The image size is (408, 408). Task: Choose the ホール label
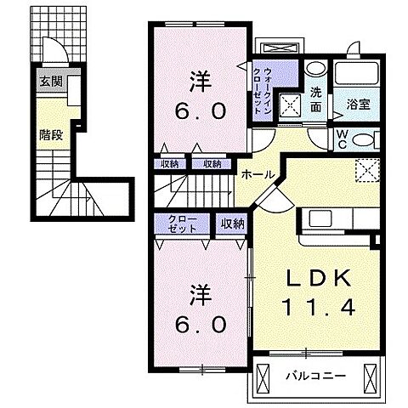258,174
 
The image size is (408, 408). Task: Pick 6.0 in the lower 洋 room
201,322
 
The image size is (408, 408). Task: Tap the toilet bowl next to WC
364,140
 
